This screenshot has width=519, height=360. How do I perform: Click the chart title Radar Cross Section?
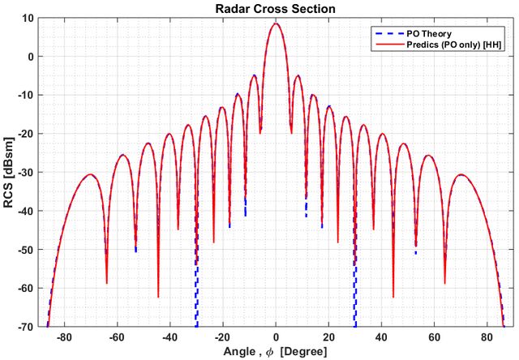tap(276, 8)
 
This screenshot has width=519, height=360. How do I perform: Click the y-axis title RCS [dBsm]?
tap(8, 172)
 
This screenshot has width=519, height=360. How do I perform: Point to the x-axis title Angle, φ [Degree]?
tap(276, 352)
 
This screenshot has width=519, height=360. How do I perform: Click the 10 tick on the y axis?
tap(28, 18)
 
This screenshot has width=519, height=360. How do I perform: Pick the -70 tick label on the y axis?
tap(26, 327)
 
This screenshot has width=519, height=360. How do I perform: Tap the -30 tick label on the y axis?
tap(26, 173)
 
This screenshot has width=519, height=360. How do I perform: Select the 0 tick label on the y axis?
tap(31, 57)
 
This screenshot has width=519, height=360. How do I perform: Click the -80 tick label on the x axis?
tap(64, 338)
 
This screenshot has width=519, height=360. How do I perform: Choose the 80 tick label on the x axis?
tap(487, 338)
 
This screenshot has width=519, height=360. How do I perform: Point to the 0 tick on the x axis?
tap(276, 338)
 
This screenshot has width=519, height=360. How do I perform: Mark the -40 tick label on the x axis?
tap(169, 338)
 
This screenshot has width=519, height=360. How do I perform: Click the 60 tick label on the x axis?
tap(435, 338)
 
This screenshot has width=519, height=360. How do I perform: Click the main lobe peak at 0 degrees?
tap(276, 24)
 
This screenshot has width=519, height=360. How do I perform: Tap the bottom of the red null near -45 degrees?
tap(158, 297)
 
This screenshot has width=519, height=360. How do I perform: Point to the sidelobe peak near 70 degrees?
tap(461, 174)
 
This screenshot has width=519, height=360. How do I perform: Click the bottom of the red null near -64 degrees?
tap(106, 283)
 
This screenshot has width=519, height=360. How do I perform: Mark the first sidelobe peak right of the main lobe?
tap(298, 75)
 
